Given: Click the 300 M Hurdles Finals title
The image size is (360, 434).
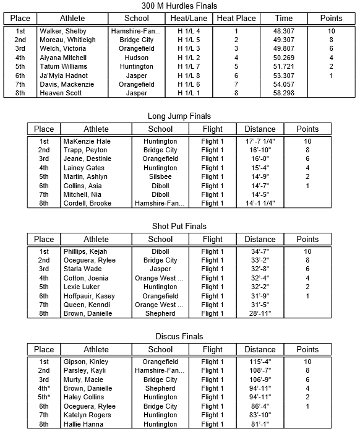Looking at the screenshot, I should (179, 6).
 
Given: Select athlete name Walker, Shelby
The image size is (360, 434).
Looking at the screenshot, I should (63, 31).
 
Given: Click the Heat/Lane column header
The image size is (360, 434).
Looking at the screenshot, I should (189, 19).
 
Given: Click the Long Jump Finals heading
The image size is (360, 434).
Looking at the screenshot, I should (179, 116).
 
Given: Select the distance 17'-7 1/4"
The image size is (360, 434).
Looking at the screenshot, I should (260, 141).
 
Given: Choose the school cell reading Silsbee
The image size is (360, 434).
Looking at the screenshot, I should (160, 177).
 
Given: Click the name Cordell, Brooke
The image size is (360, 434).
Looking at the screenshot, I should (87, 204).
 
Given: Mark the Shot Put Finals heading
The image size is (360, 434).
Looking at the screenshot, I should (179, 226).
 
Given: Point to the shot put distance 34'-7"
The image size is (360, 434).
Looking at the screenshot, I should (260, 251).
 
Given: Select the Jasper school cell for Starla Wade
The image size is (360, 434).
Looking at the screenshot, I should (160, 269).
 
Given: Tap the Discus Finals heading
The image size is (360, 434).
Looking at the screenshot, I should (179, 337).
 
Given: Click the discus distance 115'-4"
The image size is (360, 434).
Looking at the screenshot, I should (260, 362).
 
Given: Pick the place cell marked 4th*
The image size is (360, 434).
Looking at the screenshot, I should (44, 389).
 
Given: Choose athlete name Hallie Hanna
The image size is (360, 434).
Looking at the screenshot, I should (84, 424).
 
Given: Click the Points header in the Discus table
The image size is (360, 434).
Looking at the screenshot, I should (307, 350).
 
